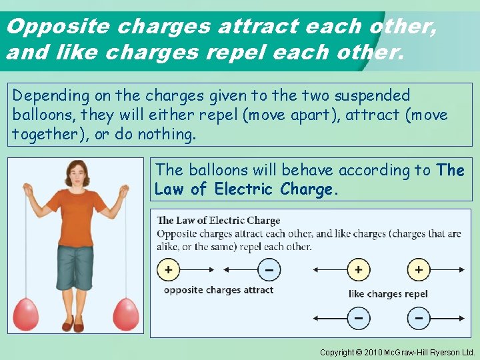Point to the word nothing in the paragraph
167,134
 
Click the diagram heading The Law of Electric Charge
219,221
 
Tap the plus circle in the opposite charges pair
169,270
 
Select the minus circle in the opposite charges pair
269,270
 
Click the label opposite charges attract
219,290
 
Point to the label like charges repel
388,294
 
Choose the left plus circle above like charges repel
359,270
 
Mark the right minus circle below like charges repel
419,318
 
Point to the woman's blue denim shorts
75,267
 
